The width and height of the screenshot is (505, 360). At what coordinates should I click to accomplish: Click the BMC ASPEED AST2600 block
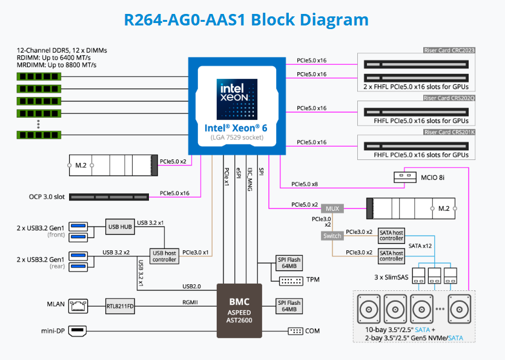pyautogui.click(x=239, y=310)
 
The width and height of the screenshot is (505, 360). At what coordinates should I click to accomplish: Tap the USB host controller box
pyautogui.click(x=164, y=256)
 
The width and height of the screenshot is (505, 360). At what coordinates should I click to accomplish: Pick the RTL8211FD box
pyautogui.click(x=120, y=305)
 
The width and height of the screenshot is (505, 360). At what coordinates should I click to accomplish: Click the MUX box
pyautogui.click(x=333, y=208)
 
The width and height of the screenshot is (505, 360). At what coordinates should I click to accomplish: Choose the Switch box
pyautogui.click(x=332, y=236)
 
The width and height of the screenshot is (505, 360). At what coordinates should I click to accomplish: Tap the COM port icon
pyautogui.click(x=295, y=331)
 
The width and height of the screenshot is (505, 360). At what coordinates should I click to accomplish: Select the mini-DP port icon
pyautogui.click(x=78, y=331)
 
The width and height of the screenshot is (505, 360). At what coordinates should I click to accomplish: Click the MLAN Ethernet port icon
pyautogui.click(x=78, y=305)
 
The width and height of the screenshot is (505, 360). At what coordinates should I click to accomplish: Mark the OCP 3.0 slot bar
pyautogui.click(x=109, y=197)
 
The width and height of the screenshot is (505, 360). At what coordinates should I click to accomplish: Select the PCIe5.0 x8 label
pyautogui.click(x=305, y=184)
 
